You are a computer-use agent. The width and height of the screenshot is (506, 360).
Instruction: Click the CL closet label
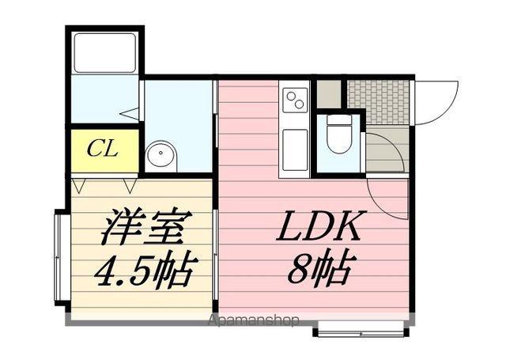coord(103,149)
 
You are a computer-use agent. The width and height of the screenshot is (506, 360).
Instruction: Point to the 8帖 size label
coord(319,266)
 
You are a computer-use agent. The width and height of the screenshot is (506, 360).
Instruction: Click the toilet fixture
coord(338,135)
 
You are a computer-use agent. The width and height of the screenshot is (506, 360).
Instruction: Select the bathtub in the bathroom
coord(104,53)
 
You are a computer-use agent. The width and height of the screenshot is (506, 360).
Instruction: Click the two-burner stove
coord(295,100)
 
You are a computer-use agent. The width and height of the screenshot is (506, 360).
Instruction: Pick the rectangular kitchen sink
coord(295,150)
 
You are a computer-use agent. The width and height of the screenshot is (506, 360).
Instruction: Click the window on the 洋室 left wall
coord(59,257)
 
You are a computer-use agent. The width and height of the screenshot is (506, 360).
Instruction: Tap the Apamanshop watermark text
coord(254,320)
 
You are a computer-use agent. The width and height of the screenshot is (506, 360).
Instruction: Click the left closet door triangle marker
coord(78,186)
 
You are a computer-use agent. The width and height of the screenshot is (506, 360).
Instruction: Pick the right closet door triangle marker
coord(130,186)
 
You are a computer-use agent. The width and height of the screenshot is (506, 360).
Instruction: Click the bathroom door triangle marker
coord(130,113)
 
